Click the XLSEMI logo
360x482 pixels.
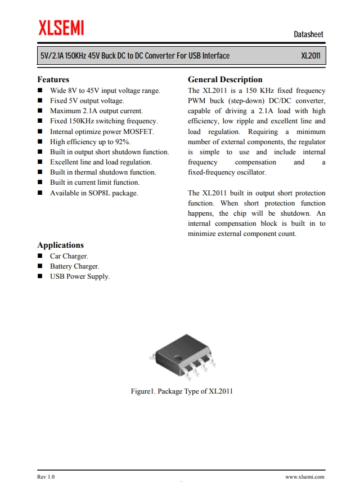pyautogui.click(x=61, y=27)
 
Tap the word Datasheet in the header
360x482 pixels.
pyautogui.click(x=308, y=34)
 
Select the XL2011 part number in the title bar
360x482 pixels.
pyautogui.click(x=310, y=56)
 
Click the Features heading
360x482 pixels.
pyautogui.click(x=53, y=79)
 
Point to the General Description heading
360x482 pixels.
pyautogui.click(x=225, y=79)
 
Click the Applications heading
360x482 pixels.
pyautogui.click(x=60, y=245)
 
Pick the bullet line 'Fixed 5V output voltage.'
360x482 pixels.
pyautogui.click(x=87, y=101)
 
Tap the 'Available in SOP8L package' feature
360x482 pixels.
pyautogui.click(x=94, y=193)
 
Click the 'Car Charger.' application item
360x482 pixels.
pyautogui.click(x=69, y=256)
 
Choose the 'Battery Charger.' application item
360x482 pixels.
pyautogui.click(x=74, y=266)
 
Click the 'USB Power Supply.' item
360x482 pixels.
pyautogui.click(x=80, y=276)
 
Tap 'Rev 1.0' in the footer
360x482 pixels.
pyautogui.click(x=46, y=477)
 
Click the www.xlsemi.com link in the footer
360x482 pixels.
pyautogui.click(x=304, y=477)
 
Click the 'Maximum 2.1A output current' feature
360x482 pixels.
pyautogui.click(x=96, y=111)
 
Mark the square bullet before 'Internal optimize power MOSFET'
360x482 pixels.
pyautogui.click(x=40, y=132)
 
